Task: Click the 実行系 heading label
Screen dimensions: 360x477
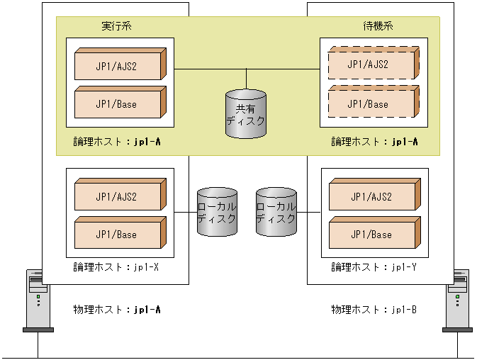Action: pyautogui.click(x=116, y=26)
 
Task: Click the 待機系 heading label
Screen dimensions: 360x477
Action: pyautogui.click(x=378, y=26)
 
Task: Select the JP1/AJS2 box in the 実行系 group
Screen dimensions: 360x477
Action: pyautogui.click(x=118, y=64)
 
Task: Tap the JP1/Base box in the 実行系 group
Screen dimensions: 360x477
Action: pyautogui.click(x=118, y=103)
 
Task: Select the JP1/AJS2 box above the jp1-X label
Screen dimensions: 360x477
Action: pyautogui.click(x=118, y=196)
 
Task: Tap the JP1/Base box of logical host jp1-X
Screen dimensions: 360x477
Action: pyautogui.click(x=118, y=235)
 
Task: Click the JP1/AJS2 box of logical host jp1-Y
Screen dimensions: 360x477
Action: pyautogui.click(x=372, y=196)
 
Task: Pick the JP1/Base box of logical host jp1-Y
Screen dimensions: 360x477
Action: pyautogui.click(x=372, y=235)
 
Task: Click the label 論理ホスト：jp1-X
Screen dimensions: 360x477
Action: pyautogui.click(x=116, y=267)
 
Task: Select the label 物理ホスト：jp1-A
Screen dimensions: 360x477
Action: pyautogui.click(x=117, y=310)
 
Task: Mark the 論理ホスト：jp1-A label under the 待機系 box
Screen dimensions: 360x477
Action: pyautogui.click(x=374, y=142)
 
